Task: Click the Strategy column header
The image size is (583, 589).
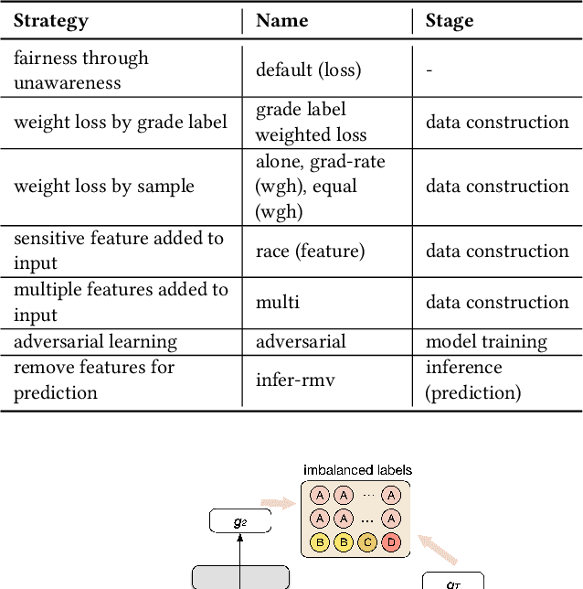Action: pos(52,21)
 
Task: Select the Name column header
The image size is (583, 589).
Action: pos(282,21)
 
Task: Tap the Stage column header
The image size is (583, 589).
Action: pos(450,21)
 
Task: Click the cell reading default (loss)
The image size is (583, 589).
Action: pos(308,70)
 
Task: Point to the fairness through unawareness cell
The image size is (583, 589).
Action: pos(80,70)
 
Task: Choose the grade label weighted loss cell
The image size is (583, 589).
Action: pos(310,123)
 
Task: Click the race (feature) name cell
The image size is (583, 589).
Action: pos(310,251)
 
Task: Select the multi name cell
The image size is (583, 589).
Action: pos(278,302)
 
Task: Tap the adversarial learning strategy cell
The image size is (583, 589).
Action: pos(95,342)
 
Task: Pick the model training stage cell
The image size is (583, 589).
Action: pos(486,342)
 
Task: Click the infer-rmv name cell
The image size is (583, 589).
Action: pos(295,380)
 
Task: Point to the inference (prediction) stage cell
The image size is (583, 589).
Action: pos(473,380)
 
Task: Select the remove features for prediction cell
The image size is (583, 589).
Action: pos(93,380)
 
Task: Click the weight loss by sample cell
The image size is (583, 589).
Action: pos(103,187)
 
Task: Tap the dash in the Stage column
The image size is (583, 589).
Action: pos(429,70)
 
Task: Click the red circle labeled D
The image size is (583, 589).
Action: pos(391,541)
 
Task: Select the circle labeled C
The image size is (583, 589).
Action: pos(367,541)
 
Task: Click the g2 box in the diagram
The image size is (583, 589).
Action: pos(239,522)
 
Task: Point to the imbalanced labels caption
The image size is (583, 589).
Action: pos(357,470)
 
